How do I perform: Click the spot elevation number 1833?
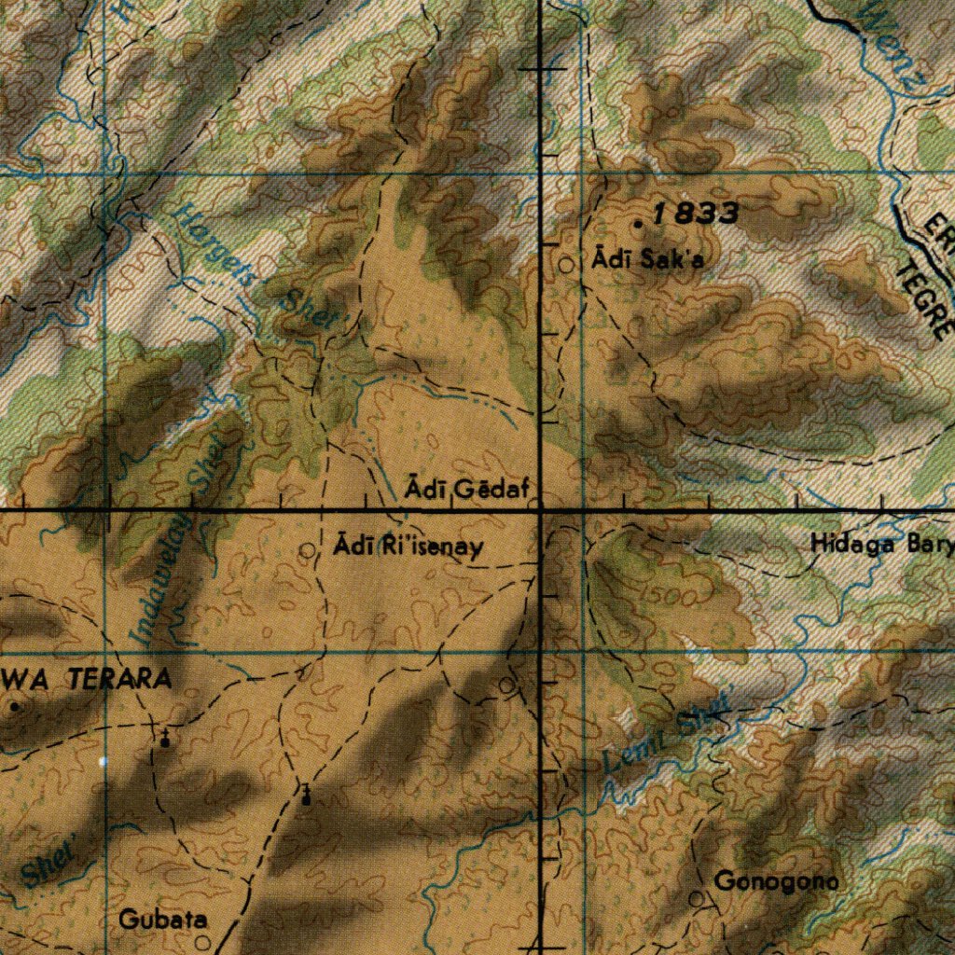[697, 214]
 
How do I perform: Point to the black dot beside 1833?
[638, 225]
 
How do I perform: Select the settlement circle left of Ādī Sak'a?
[567, 265]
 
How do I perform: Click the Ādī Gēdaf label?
[467, 489]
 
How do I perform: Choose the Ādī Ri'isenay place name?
[409, 547]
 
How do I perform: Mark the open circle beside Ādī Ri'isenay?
[308, 550]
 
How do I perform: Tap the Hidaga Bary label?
[881, 544]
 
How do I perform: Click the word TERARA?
[119, 680]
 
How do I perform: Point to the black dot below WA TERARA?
[14, 707]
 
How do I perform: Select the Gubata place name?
[162, 920]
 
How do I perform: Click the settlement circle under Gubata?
[202, 942]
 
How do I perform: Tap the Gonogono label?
[776, 880]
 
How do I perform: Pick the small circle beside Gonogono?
[696, 898]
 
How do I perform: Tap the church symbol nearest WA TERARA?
[165, 740]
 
